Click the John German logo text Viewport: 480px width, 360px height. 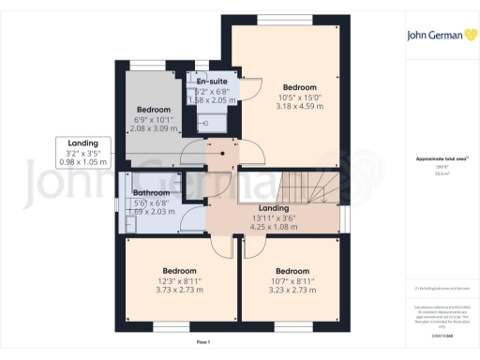point(427,37)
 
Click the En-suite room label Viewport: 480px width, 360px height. point(217,82)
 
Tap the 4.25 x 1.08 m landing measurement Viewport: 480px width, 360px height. point(273,227)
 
